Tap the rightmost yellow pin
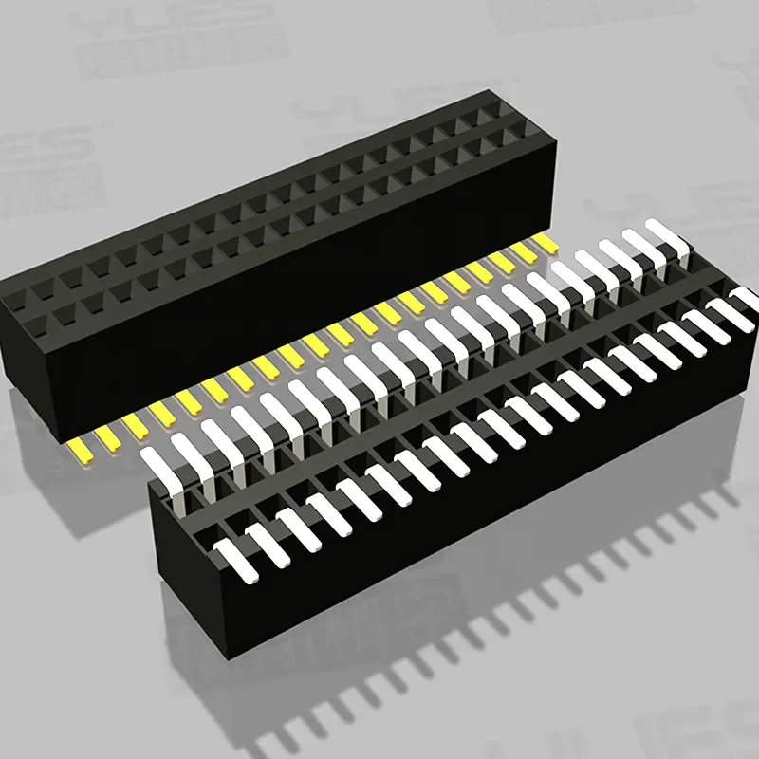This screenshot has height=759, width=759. [x=546, y=243]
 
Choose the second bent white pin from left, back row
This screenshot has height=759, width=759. [x=187, y=451]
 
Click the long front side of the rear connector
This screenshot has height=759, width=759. [x=285, y=294]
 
